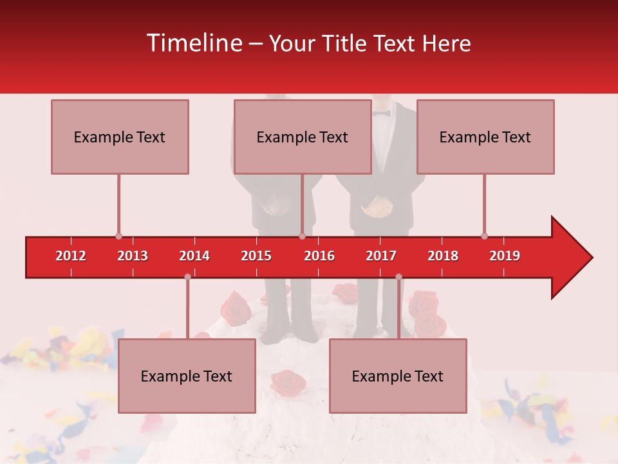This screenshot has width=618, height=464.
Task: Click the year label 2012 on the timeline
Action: pyautogui.click(x=71, y=256)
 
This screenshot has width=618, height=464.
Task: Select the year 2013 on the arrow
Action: pyautogui.click(x=133, y=256)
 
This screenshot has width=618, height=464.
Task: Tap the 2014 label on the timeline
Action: pyautogui.click(x=194, y=256)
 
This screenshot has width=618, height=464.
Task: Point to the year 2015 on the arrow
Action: pyautogui.click(x=256, y=256)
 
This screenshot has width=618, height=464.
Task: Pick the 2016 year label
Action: pyautogui.click(x=319, y=256)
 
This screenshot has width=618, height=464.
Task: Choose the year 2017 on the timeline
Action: pyautogui.click(x=381, y=256)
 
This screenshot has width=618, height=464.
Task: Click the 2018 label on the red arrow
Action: pyautogui.click(x=443, y=256)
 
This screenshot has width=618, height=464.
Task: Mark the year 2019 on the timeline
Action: pyautogui.click(x=505, y=256)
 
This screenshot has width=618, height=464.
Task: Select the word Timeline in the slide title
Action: pyautogui.click(x=192, y=43)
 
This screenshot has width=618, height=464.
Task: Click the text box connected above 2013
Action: pyautogui.click(x=120, y=137)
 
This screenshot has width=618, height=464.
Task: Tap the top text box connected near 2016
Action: pyautogui.click(x=303, y=137)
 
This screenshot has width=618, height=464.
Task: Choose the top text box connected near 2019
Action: pyautogui.click(x=485, y=137)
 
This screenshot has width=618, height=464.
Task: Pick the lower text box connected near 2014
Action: pyautogui.click(x=187, y=376)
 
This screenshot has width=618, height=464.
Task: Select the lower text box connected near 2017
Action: pyautogui.click(x=398, y=376)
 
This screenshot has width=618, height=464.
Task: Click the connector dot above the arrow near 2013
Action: pyautogui.click(x=118, y=237)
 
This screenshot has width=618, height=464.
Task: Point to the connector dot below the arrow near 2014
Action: pyautogui.click(x=187, y=276)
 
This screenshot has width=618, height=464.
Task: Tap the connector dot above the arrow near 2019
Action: pyautogui.click(x=484, y=237)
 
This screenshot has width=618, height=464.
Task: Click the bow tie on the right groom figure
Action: pyautogui.click(x=381, y=113)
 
